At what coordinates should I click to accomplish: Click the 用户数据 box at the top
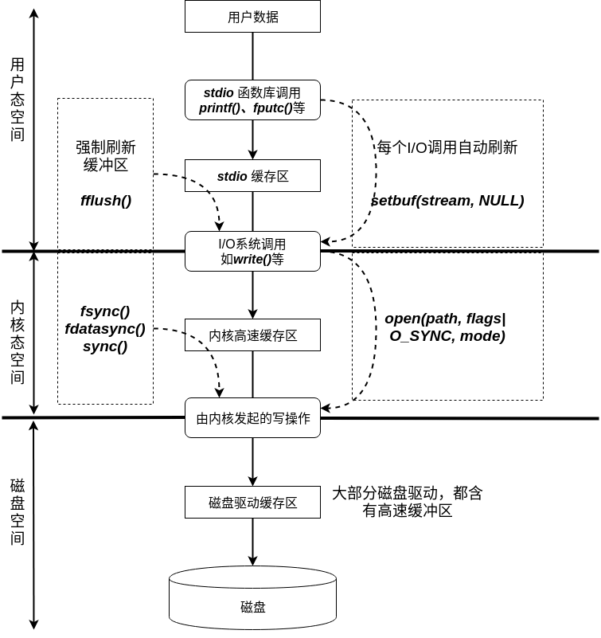point(252,17)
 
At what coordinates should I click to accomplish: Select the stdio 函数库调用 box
point(252,100)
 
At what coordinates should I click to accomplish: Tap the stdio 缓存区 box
point(252,176)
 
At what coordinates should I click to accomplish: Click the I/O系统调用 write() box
point(252,251)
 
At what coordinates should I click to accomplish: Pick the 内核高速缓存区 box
point(252,335)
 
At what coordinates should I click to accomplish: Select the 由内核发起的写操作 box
point(252,418)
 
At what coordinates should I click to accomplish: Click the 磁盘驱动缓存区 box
point(252,503)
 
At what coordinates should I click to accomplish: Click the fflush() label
point(105,200)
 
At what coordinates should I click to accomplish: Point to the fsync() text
point(105,311)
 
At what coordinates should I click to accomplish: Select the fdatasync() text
point(105,328)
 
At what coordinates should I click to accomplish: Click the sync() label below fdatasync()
point(105,346)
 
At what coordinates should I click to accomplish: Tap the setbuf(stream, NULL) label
point(447,200)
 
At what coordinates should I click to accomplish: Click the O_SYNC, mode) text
point(447,336)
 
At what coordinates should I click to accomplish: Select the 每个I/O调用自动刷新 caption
point(447,147)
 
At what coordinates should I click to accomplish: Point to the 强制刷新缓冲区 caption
point(105,156)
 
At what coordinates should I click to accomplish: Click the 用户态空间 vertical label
point(18,99)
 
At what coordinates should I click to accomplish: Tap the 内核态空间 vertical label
point(18,342)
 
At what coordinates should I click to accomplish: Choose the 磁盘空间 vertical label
point(18,511)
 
